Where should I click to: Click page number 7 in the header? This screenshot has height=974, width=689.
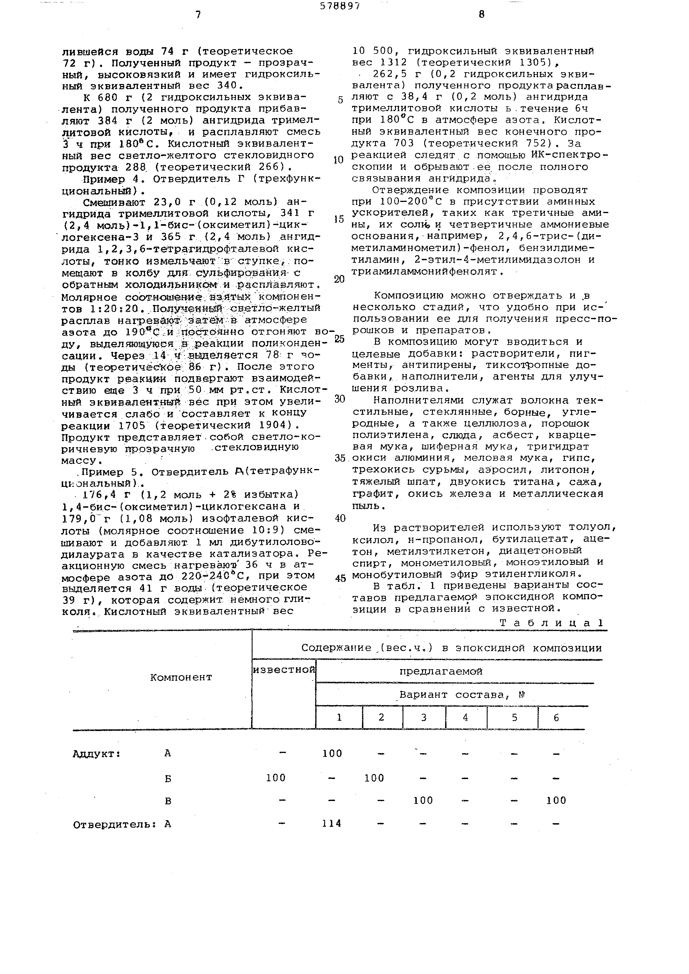198,15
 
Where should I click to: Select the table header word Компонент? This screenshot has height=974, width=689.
181,677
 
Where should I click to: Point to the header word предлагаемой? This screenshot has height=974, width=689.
441,672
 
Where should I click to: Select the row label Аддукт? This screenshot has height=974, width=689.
96,754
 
